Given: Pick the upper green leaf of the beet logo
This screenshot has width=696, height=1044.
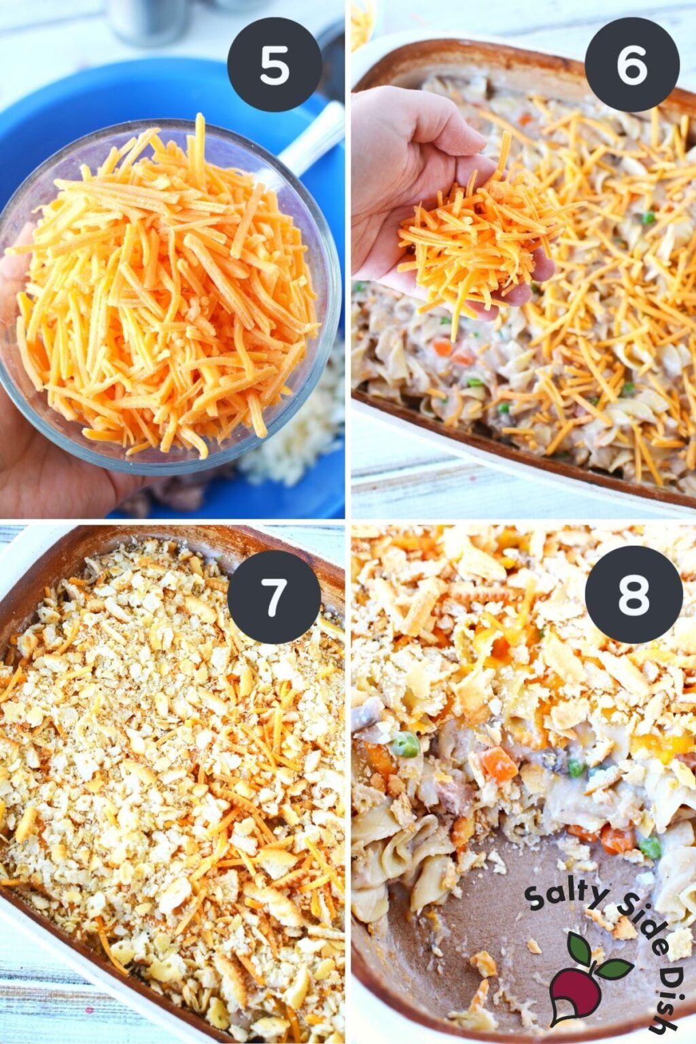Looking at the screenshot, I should tap(579, 945).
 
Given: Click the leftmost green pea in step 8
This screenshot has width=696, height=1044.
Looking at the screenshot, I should tap(406, 744).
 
